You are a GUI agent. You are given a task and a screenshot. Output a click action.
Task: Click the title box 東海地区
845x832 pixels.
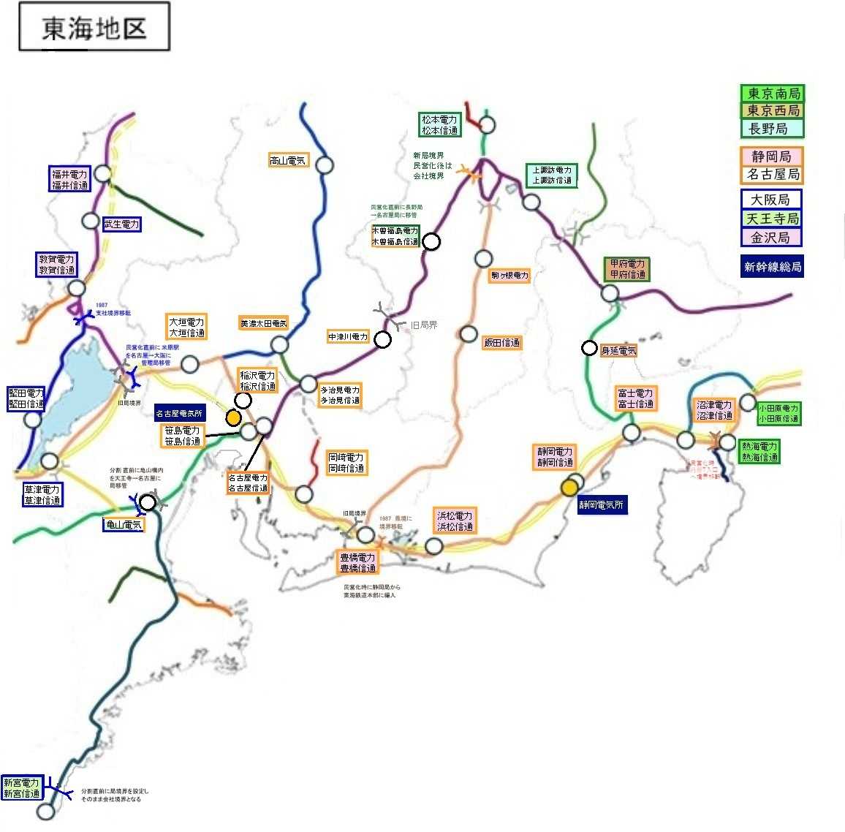94,28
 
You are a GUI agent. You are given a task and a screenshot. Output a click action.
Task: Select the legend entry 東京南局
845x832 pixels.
773,94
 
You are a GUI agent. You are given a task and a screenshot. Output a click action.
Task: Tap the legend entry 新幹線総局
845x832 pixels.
773,267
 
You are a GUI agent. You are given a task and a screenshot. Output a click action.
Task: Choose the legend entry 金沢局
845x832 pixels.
771,238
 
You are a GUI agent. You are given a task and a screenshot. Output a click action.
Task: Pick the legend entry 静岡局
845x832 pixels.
771,156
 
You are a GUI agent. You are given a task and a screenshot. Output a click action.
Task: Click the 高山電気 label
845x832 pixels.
288,161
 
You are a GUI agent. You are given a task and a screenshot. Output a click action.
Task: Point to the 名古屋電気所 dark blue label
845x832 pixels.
179,414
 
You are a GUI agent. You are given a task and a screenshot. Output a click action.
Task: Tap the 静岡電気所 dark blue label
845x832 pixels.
602,504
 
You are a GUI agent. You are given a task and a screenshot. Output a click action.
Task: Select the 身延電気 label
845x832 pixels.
618,351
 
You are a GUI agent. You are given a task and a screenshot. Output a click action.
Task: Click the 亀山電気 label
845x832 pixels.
124,524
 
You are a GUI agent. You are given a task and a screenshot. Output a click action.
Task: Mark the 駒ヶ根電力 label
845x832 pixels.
510,276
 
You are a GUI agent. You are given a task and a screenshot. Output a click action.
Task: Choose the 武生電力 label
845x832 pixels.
121,224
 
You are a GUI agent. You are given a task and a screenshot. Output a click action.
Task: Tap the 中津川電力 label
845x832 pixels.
349,337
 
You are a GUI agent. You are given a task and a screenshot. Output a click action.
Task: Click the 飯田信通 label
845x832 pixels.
501,342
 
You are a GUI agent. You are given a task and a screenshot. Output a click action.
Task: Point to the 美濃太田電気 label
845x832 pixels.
264,323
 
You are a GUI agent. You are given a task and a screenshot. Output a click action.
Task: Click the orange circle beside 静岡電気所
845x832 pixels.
569,488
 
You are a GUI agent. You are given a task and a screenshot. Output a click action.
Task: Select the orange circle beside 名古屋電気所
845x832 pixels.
233,417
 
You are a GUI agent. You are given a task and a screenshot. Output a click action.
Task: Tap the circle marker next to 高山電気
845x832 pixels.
325,165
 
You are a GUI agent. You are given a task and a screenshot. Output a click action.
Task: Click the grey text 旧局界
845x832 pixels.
424,325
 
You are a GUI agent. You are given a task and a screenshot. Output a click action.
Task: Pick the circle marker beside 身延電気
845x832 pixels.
589,349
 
